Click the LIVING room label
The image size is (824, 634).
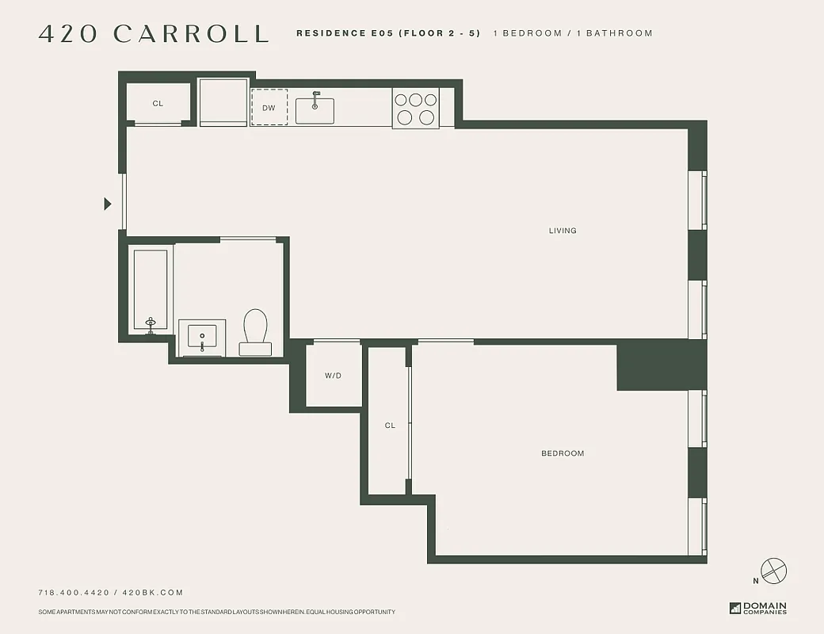click(563, 231)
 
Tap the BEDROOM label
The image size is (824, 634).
click(563, 453)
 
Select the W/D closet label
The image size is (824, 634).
click(333, 376)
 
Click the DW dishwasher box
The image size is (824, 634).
click(269, 107)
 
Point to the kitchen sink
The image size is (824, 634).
click(315, 109)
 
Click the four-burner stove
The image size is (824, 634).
click(416, 109)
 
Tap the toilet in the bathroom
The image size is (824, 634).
click(255, 331)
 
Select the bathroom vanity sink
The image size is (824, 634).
click(202, 338)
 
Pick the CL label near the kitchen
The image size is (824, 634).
click(158, 104)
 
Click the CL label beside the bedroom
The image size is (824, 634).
click(390, 426)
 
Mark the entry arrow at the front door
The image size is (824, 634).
click(108, 204)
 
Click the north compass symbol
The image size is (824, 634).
click(772, 570)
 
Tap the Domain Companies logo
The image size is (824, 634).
click(758, 608)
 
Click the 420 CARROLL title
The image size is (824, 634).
click(154, 34)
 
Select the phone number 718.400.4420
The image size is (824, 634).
click(74, 593)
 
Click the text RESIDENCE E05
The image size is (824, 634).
click(345, 33)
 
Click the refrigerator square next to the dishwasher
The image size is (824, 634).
click(223, 101)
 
